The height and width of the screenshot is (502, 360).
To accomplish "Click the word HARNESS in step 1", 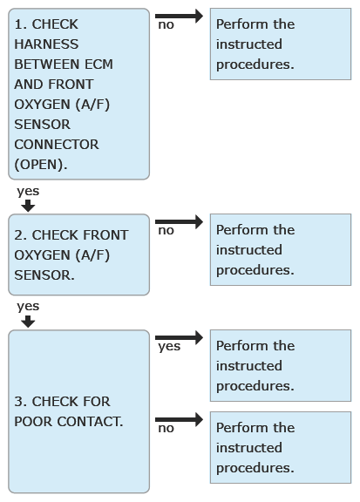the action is [x=46, y=44].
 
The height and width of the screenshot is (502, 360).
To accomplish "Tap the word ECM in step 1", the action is [x=99, y=64].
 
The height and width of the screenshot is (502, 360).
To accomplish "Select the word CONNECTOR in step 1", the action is [x=57, y=145].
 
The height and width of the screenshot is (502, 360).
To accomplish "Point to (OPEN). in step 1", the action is [x=41, y=165].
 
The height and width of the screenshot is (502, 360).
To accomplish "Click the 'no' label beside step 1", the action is [x=166, y=24].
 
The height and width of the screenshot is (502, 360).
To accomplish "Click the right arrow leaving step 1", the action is [x=179, y=16].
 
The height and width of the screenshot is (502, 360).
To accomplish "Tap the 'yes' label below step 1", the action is [x=28, y=191].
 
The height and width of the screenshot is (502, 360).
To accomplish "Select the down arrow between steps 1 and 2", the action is [x=28, y=206].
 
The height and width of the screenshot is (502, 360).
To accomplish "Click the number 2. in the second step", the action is [x=21, y=235].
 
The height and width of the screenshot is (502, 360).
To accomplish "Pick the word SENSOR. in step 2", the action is [x=44, y=275].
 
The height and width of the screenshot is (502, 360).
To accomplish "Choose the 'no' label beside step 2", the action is [x=166, y=230].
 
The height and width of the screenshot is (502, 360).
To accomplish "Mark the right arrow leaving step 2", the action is [x=179, y=221].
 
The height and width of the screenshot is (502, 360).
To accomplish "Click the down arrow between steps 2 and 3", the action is [x=28, y=322].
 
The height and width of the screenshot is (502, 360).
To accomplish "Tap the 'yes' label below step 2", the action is [x=28, y=307].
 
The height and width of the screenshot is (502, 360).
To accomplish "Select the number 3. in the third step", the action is [x=21, y=402].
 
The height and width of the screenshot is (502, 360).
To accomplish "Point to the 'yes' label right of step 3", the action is [x=169, y=346].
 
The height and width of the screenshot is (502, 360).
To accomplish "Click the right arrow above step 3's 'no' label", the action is [x=179, y=419].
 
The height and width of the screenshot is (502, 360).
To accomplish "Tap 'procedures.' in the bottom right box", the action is [x=255, y=468].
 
